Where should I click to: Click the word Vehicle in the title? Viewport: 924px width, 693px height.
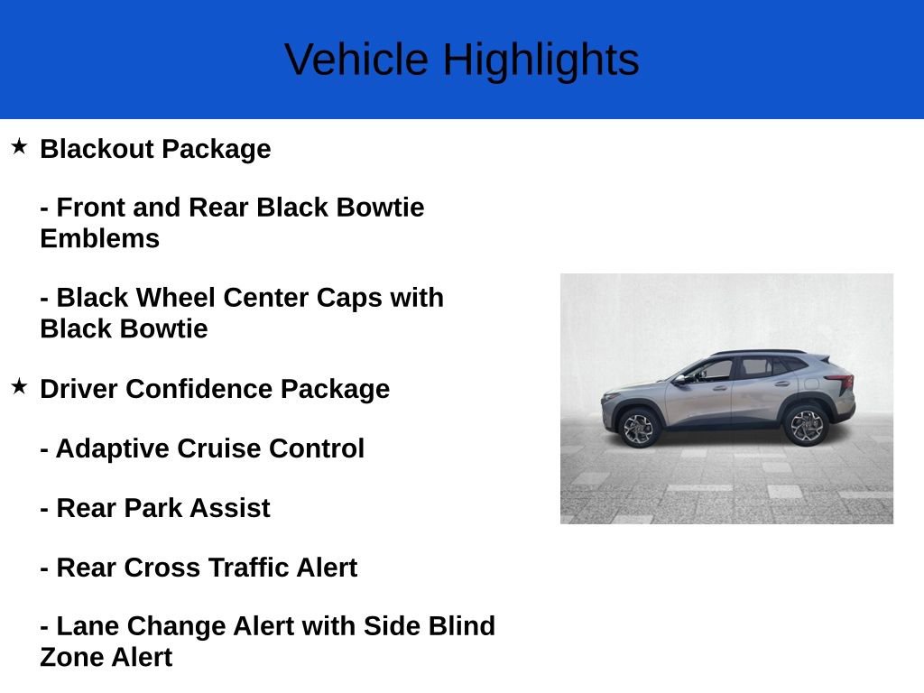(x=356, y=60)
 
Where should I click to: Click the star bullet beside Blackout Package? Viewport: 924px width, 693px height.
(x=19, y=146)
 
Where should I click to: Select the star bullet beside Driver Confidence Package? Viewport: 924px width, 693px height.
(x=19, y=386)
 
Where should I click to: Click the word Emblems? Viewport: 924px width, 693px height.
(x=99, y=238)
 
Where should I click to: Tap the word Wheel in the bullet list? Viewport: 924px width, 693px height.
(x=176, y=298)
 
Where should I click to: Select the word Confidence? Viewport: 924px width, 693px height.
(x=199, y=389)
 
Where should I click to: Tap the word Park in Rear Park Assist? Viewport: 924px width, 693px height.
(x=152, y=508)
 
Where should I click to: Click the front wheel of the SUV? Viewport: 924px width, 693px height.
(x=639, y=428)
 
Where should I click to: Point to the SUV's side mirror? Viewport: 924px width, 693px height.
(x=680, y=380)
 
